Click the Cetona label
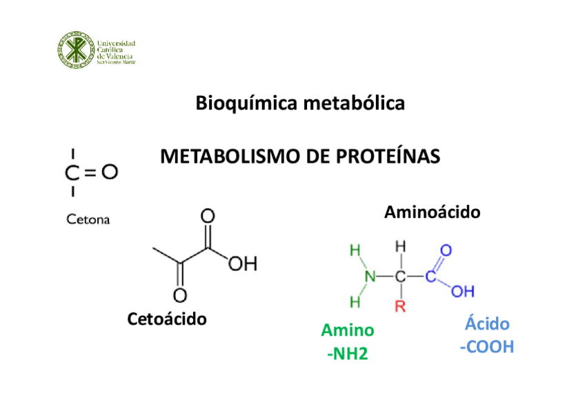click(88, 220)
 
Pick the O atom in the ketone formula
click(110, 172)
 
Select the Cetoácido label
click(168, 319)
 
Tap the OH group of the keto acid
click(243, 263)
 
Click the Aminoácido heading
click(432, 212)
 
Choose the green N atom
click(370, 276)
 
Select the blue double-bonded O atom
click(446, 250)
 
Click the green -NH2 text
click(348, 354)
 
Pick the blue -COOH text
click(487, 347)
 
